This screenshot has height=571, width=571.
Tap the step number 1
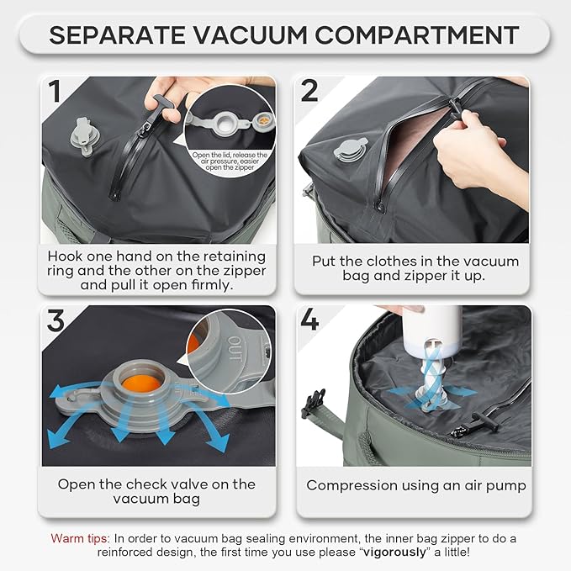[x=56, y=90]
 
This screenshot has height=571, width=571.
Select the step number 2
[x=309, y=90]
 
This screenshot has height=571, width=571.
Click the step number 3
[x=56, y=320]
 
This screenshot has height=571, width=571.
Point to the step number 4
[x=309, y=320]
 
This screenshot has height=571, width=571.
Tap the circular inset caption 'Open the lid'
[x=229, y=160]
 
